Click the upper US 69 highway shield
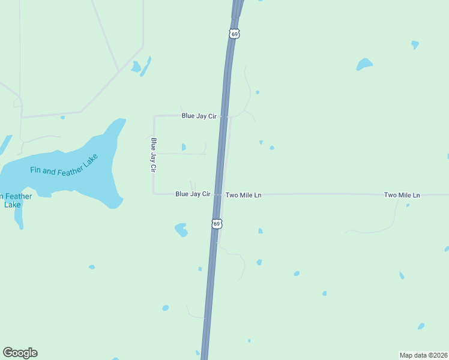click(234, 34)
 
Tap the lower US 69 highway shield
click(217, 224)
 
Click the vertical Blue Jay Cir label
click(154, 155)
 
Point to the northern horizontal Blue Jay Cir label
click(199, 116)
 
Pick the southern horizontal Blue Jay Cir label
click(193, 194)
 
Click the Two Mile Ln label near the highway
click(243, 195)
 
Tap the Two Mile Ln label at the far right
click(402, 195)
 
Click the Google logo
click(20, 353)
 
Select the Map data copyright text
click(424, 355)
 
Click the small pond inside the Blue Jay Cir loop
click(184, 147)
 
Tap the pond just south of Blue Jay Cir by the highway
click(181, 229)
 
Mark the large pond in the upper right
click(364, 64)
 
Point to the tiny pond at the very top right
click(415, 44)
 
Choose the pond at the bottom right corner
click(421, 326)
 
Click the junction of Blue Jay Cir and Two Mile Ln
click(218, 194)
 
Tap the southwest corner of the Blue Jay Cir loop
click(154, 193)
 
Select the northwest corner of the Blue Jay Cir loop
click(154, 116)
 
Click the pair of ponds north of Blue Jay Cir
click(141, 66)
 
